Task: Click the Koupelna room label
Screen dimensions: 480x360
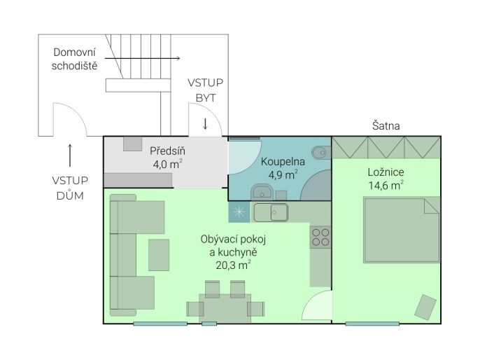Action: click(x=283, y=162)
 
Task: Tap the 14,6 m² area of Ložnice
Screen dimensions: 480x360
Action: click(x=386, y=185)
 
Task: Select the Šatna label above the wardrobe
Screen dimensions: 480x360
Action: click(x=386, y=125)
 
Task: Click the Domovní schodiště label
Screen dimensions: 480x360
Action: click(x=74, y=59)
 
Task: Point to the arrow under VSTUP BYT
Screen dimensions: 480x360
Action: click(x=206, y=123)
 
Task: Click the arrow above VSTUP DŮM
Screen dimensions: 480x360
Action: click(x=70, y=155)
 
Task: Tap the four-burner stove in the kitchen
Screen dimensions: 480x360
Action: click(x=320, y=237)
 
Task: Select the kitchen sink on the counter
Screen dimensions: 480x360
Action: click(x=279, y=212)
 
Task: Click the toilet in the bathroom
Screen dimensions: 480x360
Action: click(x=321, y=153)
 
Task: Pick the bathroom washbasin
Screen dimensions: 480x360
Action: click(x=262, y=192)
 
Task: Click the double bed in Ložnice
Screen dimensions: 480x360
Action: click(x=402, y=230)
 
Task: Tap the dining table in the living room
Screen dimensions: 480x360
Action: click(x=225, y=308)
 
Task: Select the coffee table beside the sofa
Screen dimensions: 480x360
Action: click(x=159, y=255)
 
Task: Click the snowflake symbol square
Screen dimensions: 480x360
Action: click(x=239, y=212)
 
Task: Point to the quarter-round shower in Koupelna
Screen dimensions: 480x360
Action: click(x=316, y=186)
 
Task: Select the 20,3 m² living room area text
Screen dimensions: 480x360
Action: click(x=233, y=265)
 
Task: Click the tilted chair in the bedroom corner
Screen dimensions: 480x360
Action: click(x=425, y=307)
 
